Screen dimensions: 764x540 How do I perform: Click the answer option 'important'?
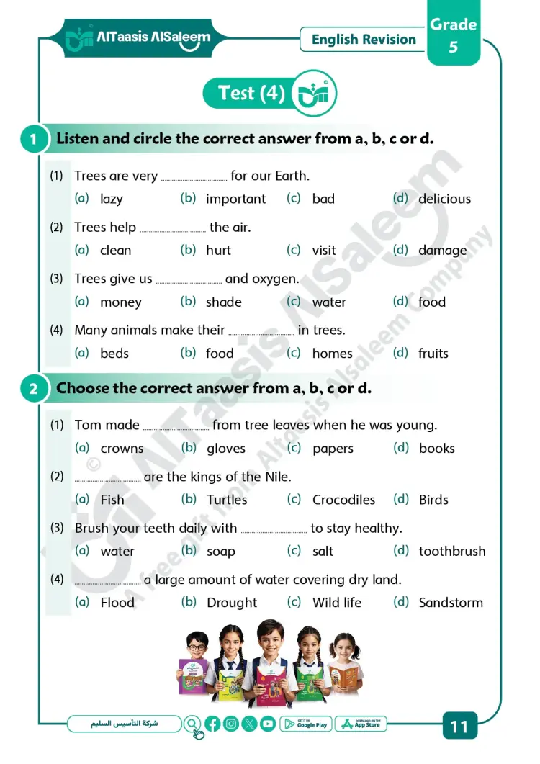click(235, 199)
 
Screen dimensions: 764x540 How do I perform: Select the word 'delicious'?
click(444, 199)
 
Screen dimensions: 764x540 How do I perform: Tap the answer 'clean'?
click(115, 251)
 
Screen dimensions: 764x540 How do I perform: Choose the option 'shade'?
click(223, 302)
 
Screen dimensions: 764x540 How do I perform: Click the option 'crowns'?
click(122, 449)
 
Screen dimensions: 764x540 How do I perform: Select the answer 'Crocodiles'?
click(343, 500)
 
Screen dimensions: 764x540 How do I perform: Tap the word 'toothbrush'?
click(451, 552)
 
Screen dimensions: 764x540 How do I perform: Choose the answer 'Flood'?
click(117, 603)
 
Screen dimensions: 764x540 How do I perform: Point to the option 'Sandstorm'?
click(451, 603)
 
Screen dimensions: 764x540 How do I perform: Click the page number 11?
click(459, 727)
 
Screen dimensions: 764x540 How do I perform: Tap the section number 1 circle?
click(33, 139)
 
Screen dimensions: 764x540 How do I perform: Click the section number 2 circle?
click(33, 390)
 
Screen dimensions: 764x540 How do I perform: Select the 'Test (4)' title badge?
click(251, 94)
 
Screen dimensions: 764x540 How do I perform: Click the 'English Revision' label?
click(364, 40)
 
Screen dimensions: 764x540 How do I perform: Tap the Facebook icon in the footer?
click(212, 724)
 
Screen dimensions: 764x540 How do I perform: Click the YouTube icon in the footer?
click(268, 724)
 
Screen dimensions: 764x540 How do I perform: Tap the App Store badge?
click(361, 724)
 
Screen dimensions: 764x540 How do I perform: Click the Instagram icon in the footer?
click(231, 724)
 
